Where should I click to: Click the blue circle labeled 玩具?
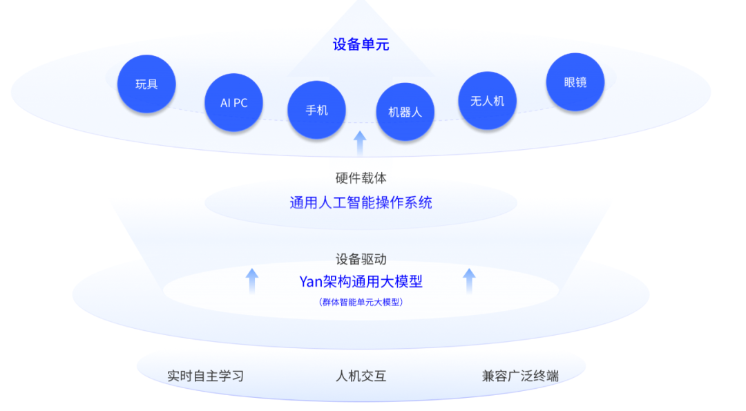click(146, 84)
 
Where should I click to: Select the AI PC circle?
click(234, 103)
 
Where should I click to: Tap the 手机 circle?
click(317, 110)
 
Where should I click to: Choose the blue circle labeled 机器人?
click(405, 112)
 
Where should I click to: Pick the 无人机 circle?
click(488, 101)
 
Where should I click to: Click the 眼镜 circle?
click(575, 82)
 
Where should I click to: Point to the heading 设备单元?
click(361, 45)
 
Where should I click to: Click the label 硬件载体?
click(361, 178)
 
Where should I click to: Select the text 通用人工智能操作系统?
click(361, 203)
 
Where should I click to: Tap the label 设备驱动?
click(361, 259)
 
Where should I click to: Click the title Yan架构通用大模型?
click(361, 282)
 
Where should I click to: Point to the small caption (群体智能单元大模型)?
click(361, 302)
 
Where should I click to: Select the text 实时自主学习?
click(206, 376)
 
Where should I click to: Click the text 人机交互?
click(361, 376)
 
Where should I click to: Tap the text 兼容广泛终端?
click(520, 376)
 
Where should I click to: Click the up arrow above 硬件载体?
click(360, 144)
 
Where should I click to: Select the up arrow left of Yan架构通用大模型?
click(252, 281)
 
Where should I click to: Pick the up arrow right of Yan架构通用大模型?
click(470, 281)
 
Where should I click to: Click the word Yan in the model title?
click(311, 282)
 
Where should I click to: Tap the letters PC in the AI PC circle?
click(240, 103)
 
